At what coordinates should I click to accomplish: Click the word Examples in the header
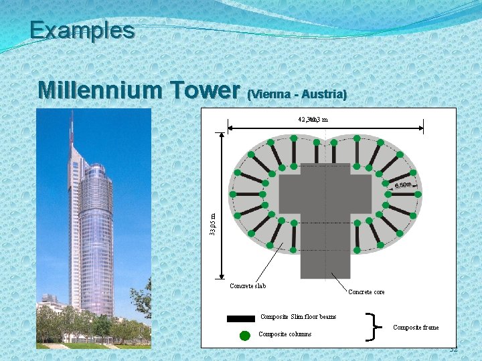click(82, 30)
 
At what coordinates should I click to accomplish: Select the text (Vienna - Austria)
click(297, 95)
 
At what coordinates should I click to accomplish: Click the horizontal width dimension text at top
click(313, 120)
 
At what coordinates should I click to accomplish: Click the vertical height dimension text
click(212, 223)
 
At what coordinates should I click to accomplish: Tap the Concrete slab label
click(248, 286)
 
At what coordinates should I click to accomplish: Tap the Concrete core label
click(366, 291)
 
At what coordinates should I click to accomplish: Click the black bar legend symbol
click(240, 318)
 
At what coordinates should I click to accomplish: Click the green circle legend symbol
click(245, 334)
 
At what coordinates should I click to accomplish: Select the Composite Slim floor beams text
click(298, 317)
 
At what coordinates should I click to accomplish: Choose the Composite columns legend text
click(285, 334)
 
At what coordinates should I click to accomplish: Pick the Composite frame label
click(416, 327)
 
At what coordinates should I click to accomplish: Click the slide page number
click(453, 350)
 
